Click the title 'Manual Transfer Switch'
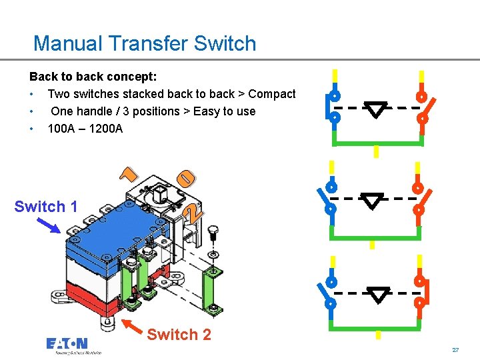pyautogui.click(x=145, y=44)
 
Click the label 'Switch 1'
pyautogui.click(x=46, y=207)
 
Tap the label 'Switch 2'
pyautogui.click(x=179, y=335)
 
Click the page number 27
pyautogui.click(x=456, y=349)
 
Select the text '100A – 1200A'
pyautogui.click(x=85, y=128)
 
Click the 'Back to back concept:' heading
pyautogui.click(x=93, y=77)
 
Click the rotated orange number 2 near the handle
pyautogui.click(x=191, y=214)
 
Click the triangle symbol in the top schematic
pyautogui.click(x=377, y=110)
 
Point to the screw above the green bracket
pyautogui.click(x=213, y=233)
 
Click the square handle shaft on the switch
pyautogui.click(x=160, y=195)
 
